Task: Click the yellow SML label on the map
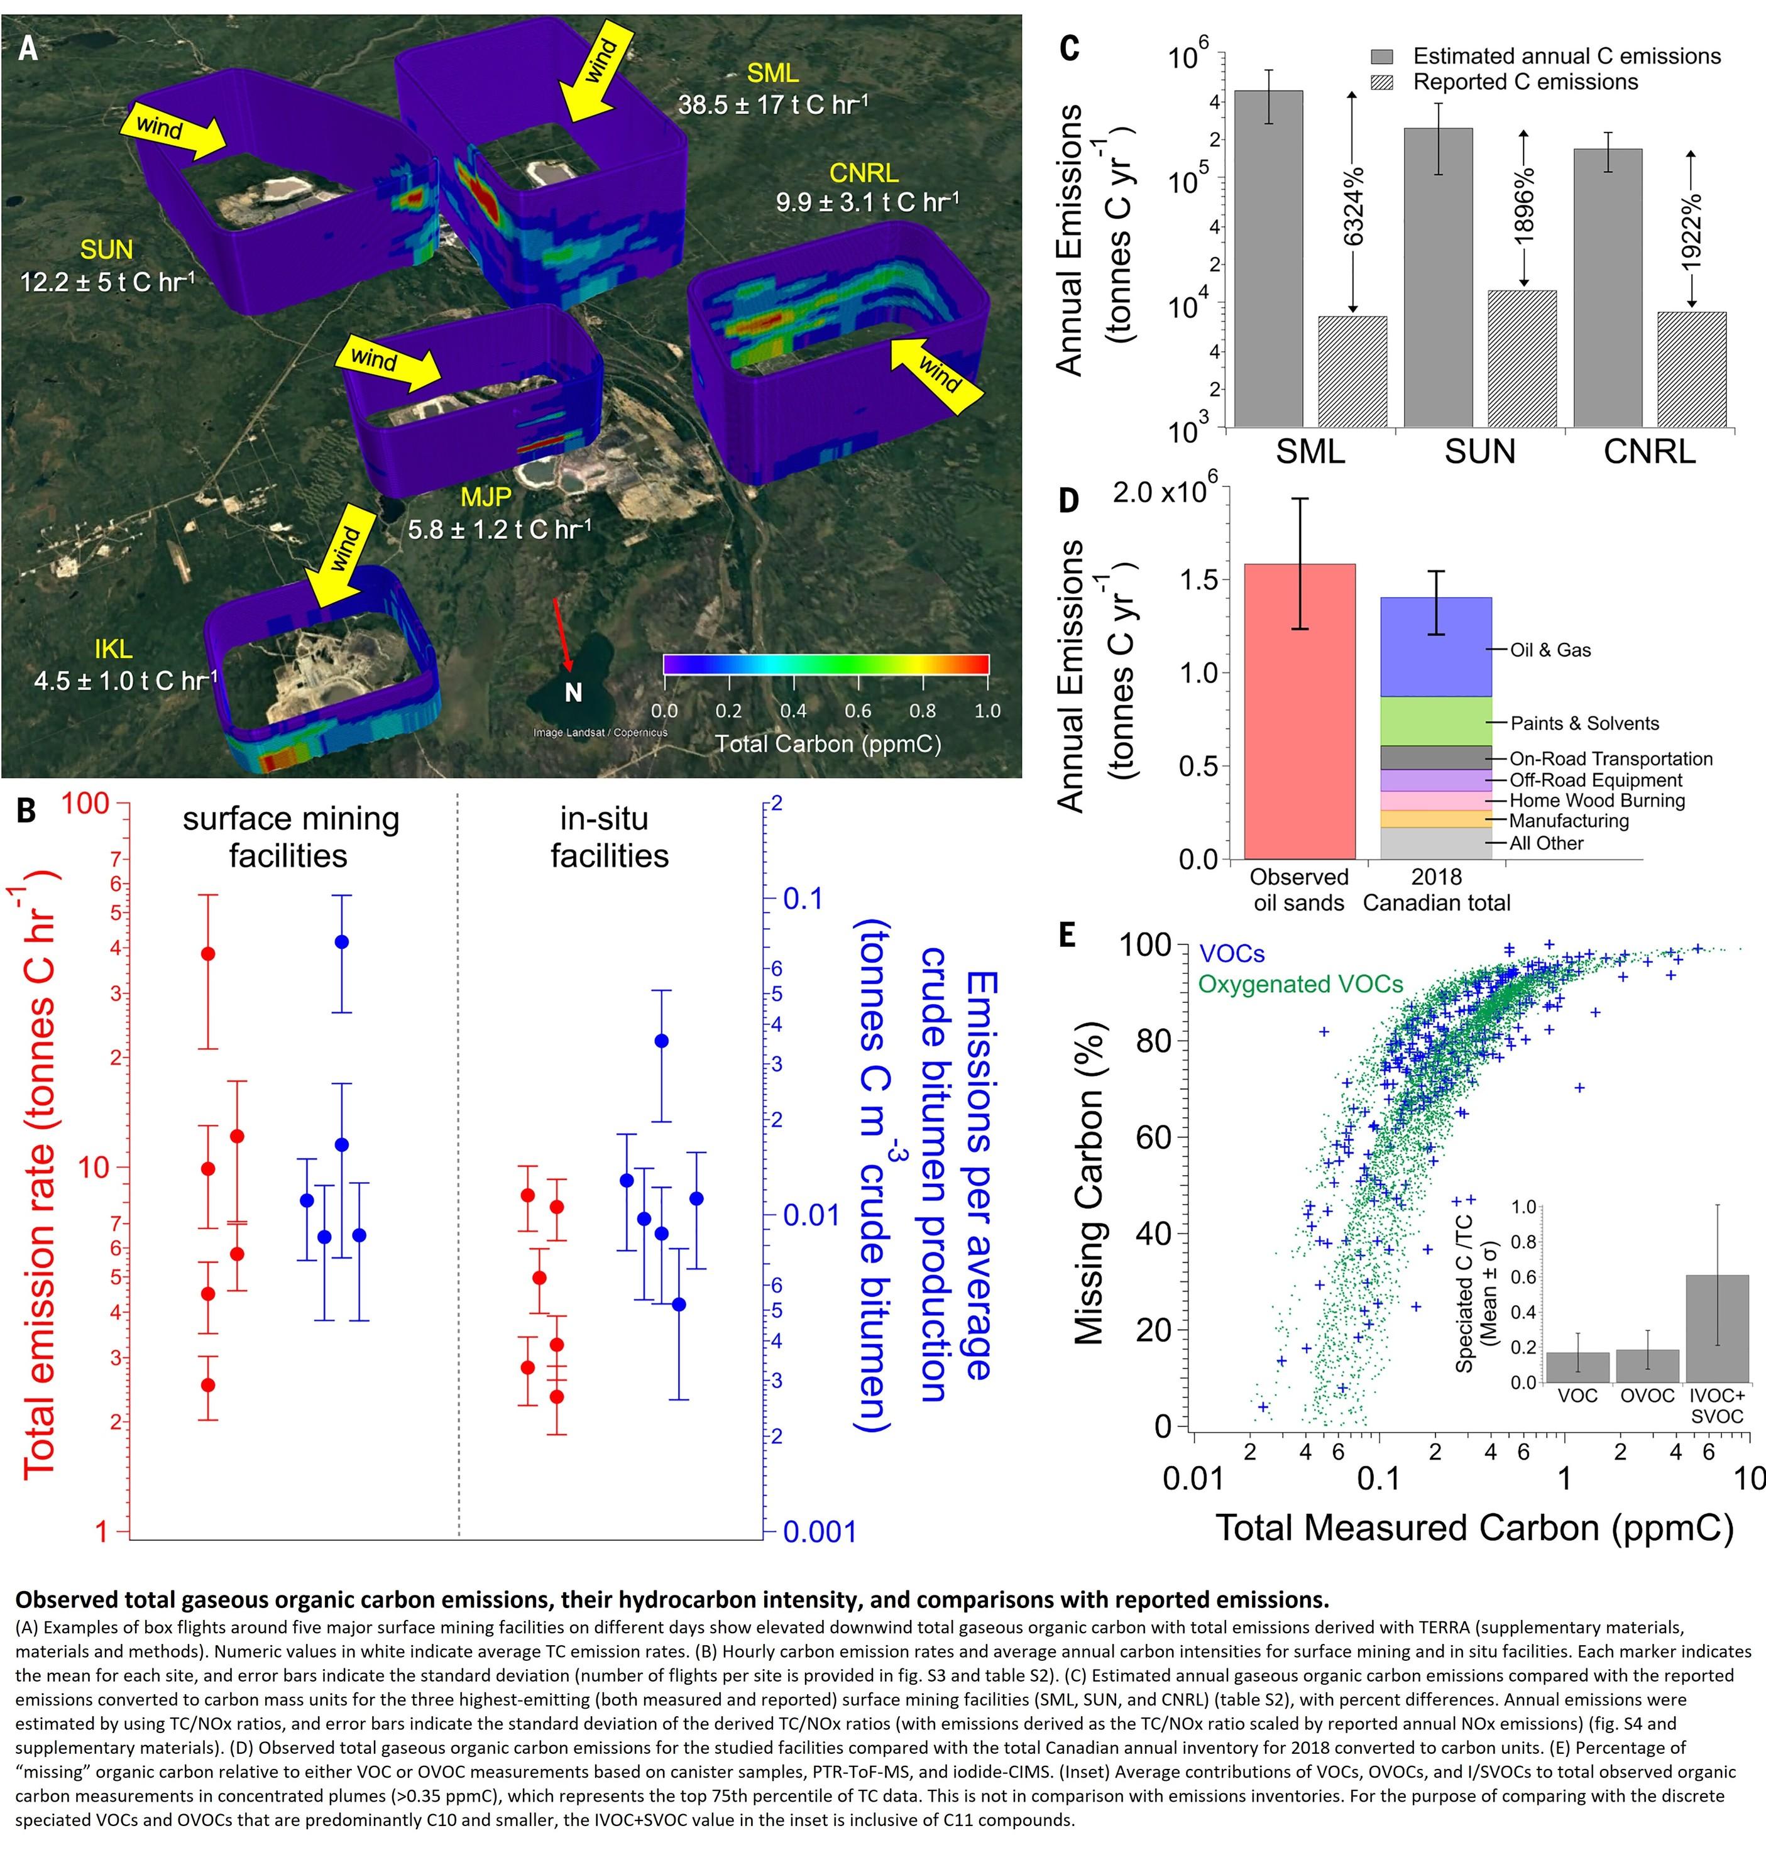click(772, 74)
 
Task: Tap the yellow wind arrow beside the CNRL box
click(936, 375)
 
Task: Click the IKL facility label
click(113, 649)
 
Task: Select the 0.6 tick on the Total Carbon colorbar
click(858, 711)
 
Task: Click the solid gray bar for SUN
click(1437, 278)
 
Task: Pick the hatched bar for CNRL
click(1692, 370)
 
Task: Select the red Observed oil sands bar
click(1299, 711)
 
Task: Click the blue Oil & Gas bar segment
click(1435, 647)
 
